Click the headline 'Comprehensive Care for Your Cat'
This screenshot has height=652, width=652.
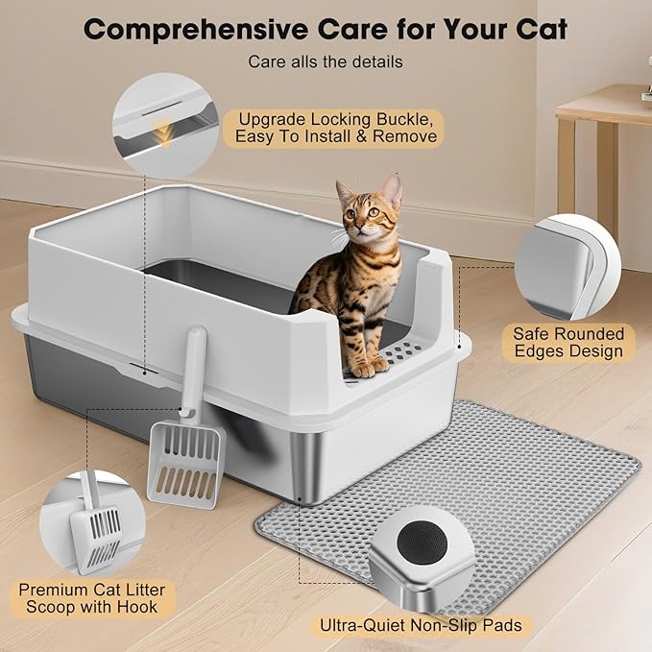point(326,28)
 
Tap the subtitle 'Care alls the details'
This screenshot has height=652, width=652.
point(326,61)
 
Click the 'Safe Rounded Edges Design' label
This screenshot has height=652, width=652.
point(568,342)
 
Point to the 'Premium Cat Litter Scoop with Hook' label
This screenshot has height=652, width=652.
point(92,596)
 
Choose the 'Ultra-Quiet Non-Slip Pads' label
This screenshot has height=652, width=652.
point(421,626)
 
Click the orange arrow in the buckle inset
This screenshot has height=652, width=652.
point(165,135)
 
